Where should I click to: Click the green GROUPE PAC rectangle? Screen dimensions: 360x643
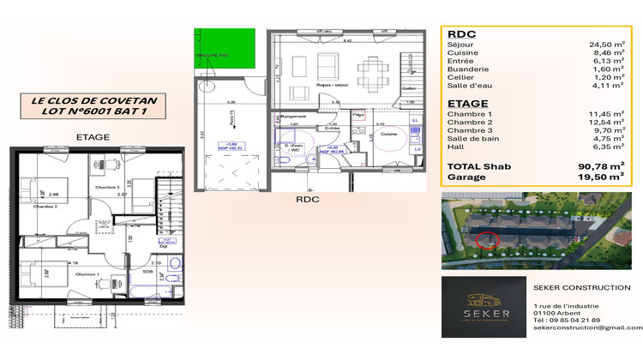231,49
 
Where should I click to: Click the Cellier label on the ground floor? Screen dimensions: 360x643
409,89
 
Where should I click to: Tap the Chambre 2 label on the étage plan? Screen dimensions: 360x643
45,206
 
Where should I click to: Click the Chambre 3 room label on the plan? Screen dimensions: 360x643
106,186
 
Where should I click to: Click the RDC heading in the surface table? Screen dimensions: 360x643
461,34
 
